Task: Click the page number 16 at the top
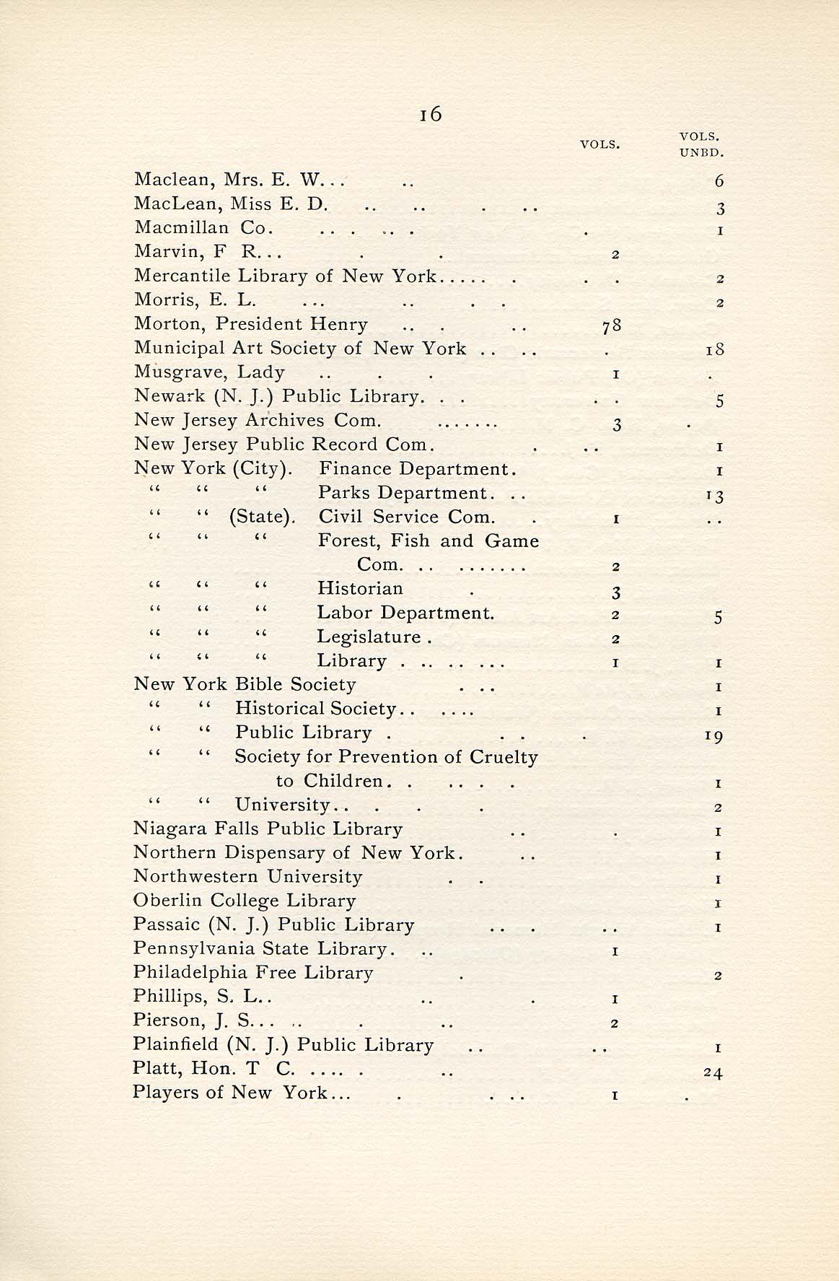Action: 430,114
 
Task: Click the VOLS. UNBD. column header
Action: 700,144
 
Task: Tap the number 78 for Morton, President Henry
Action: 611,326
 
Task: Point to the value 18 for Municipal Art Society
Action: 714,351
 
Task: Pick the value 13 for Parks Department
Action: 715,496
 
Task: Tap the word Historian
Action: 360,589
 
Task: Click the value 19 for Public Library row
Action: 714,736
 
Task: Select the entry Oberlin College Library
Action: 245,901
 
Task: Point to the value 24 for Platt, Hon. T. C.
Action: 713,1073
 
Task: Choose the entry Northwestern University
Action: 247,877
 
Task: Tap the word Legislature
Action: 369,637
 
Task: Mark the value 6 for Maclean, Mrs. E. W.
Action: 719,182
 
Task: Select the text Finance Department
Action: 417,469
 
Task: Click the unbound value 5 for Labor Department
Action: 718,617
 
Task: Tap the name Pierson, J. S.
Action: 193,1020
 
